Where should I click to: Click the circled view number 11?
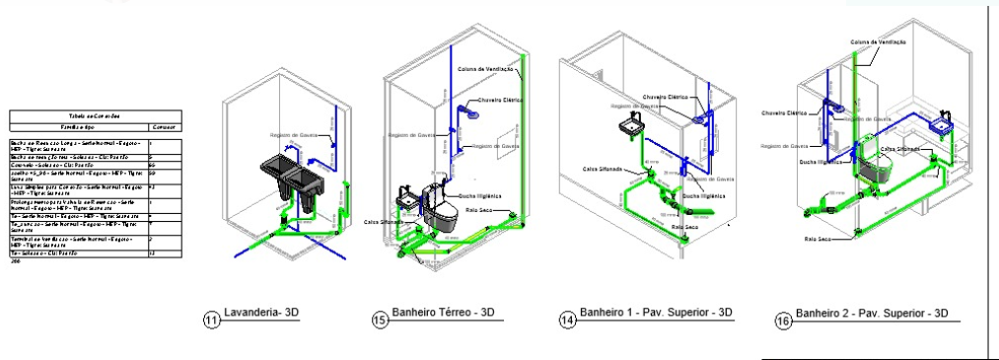(x=211, y=319)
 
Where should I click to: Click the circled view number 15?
(x=380, y=319)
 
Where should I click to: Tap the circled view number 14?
(x=566, y=319)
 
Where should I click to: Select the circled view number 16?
(x=784, y=321)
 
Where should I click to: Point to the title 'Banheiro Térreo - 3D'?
(x=443, y=313)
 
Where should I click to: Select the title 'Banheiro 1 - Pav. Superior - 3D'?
(x=657, y=313)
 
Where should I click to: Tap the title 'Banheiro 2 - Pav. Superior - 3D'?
(x=872, y=314)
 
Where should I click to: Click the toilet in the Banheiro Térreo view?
(x=440, y=209)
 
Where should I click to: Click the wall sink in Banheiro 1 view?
(x=632, y=126)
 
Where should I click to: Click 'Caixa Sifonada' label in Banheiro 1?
(x=603, y=169)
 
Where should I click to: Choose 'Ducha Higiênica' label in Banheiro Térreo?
(x=478, y=195)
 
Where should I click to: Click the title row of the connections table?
(x=94, y=115)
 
